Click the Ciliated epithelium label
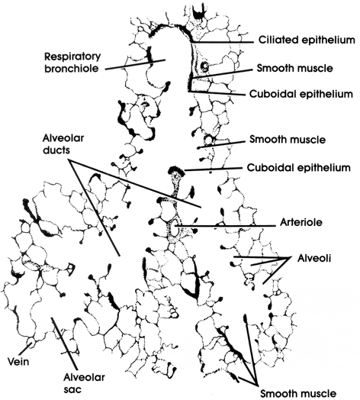pos(307,40)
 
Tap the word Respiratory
pos(72,57)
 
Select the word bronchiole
pos(72,69)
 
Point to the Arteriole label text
pos(301,222)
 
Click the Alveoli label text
pos(314,259)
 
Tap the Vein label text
pos(18,362)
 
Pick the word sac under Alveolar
pos(72,389)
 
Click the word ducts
pos(56,150)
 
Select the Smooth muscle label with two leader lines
pos(297,393)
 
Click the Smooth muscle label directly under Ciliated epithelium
pos(294,69)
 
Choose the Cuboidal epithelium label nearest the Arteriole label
pos(298,168)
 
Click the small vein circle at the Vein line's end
pos(31,340)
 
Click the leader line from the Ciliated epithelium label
pos(222,42)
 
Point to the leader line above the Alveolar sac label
pos(64,344)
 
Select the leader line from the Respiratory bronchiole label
pos(135,65)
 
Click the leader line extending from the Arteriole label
pos(225,225)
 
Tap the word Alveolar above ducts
pos(63,138)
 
